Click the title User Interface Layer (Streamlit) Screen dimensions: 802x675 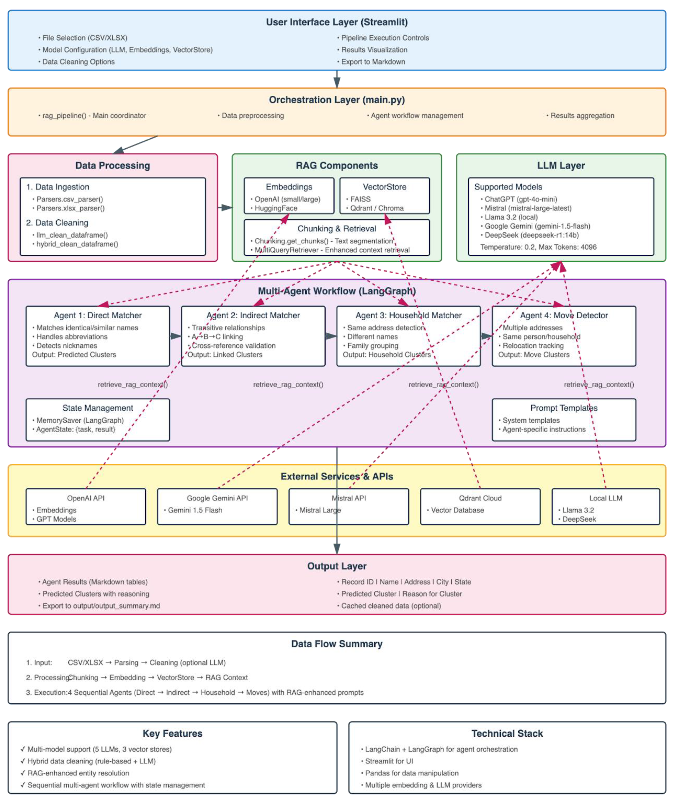tap(337, 22)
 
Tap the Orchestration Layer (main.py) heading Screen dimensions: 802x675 tap(337, 100)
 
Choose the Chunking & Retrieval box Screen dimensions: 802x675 tap(337, 237)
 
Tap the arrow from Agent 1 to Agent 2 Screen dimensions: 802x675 tap(176, 336)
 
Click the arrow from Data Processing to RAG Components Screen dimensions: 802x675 tap(225, 207)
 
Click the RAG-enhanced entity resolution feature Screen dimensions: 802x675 tap(78, 773)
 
